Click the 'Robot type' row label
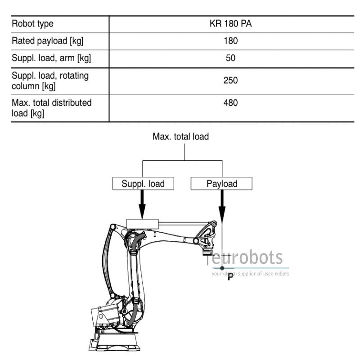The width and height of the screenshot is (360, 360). tap(32, 24)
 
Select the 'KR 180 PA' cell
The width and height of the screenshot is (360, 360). tap(230, 24)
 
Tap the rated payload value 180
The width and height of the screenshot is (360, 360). tap(230, 41)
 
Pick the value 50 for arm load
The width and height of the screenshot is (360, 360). tap(230, 58)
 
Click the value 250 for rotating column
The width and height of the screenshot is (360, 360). tap(230, 81)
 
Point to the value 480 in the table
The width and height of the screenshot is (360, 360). tap(230, 103)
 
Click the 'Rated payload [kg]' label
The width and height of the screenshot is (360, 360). tap(48, 41)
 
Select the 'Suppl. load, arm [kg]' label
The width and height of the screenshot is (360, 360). tap(51, 58)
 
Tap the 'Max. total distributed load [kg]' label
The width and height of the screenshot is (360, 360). tap(51, 108)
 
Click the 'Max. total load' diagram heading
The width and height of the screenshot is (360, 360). tap(181, 137)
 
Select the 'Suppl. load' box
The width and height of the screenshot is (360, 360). tap(143, 184)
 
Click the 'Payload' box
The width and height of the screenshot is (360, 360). tap(221, 184)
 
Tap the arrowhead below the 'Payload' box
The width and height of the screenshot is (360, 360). tap(222, 215)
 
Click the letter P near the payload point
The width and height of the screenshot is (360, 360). tap(230, 277)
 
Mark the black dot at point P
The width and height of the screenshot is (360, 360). tap(222, 268)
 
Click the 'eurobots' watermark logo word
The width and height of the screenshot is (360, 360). tap(247, 257)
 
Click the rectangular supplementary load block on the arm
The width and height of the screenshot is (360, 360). tap(142, 224)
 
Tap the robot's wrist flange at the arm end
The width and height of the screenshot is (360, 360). tap(207, 253)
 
